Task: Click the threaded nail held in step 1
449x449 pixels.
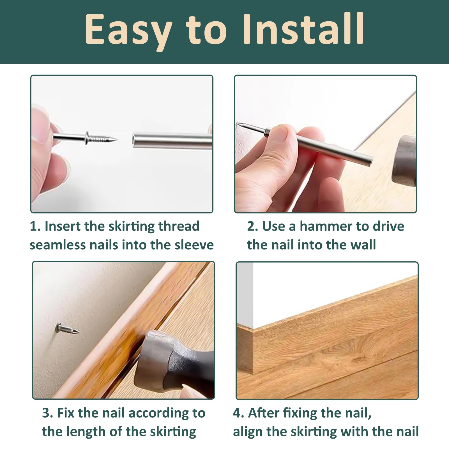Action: (x=85, y=138)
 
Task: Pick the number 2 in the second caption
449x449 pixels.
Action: (x=251, y=226)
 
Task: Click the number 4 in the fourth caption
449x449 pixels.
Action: (x=237, y=413)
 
